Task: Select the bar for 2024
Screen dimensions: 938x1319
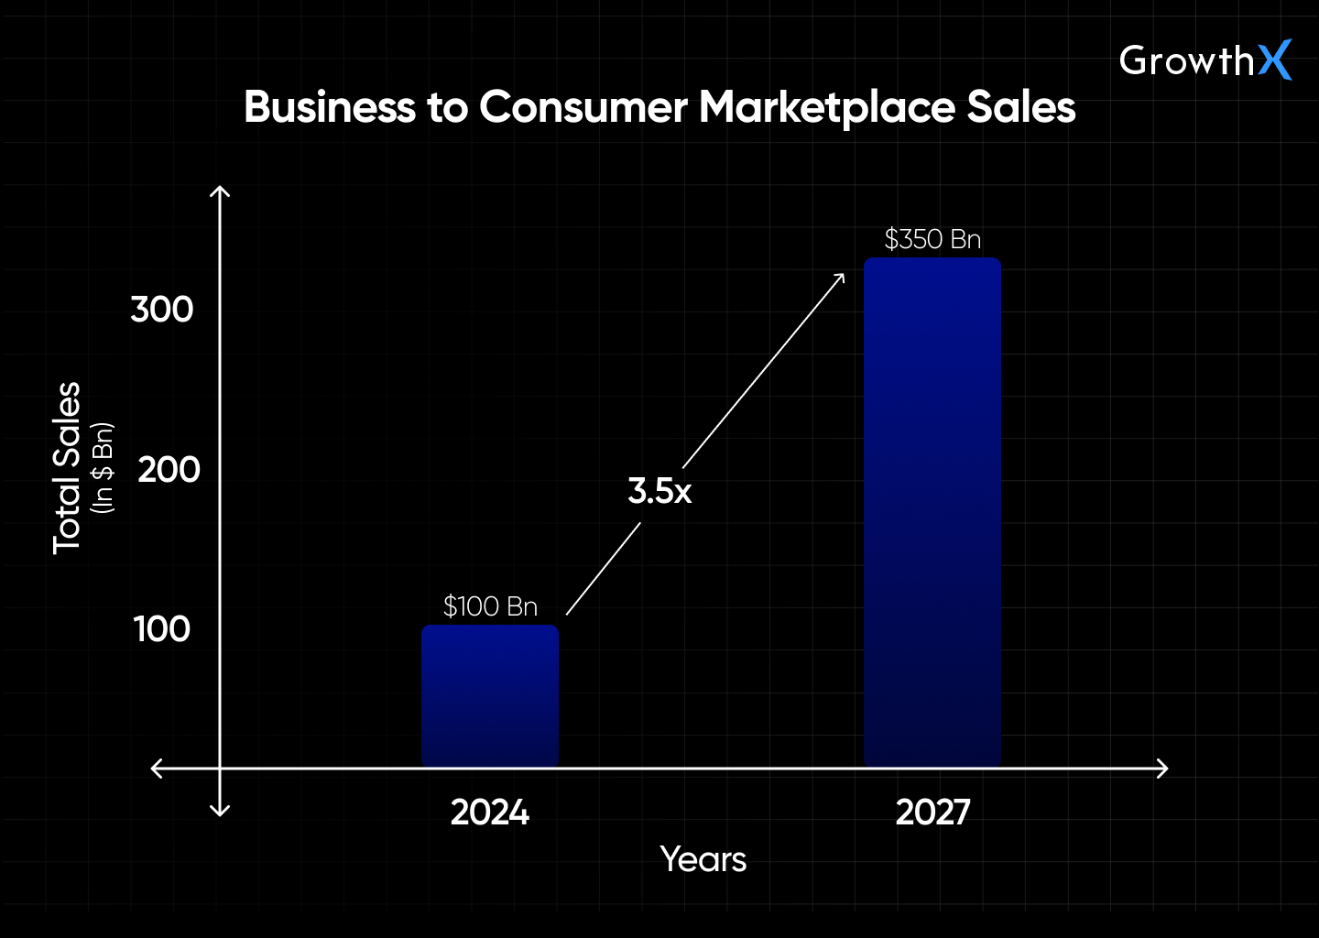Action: tap(490, 696)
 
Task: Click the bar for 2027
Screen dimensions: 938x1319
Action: tap(932, 513)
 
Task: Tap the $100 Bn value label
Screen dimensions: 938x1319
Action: tap(490, 606)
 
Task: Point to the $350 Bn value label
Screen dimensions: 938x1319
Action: tap(932, 239)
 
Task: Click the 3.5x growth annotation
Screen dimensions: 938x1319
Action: tap(659, 491)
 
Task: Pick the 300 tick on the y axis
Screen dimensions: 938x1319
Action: tap(162, 310)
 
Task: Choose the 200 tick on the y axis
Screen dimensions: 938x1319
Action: tap(169, 470)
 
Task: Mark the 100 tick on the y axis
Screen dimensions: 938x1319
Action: tap(162, 629)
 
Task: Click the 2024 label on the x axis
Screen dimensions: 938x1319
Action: tap(490, 813)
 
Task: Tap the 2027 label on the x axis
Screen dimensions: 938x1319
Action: tap(932, 813)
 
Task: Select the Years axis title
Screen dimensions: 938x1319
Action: tap(703, 859)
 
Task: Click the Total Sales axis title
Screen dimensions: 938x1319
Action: tap(67, 467)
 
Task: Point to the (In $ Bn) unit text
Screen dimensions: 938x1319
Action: tap(103, 467)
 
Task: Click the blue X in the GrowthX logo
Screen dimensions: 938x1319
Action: tap(1274, 60)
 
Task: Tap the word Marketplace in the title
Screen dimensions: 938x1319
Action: tap(827, 107)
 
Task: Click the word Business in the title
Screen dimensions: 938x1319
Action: tap(330, 107)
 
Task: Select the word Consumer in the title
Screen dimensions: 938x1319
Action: tap(583, 107)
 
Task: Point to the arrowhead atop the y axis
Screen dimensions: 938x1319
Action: tap(220, 191)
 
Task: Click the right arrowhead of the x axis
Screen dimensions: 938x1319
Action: tap(1163, 768)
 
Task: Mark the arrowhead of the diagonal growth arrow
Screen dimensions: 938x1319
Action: tap(840, 278)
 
